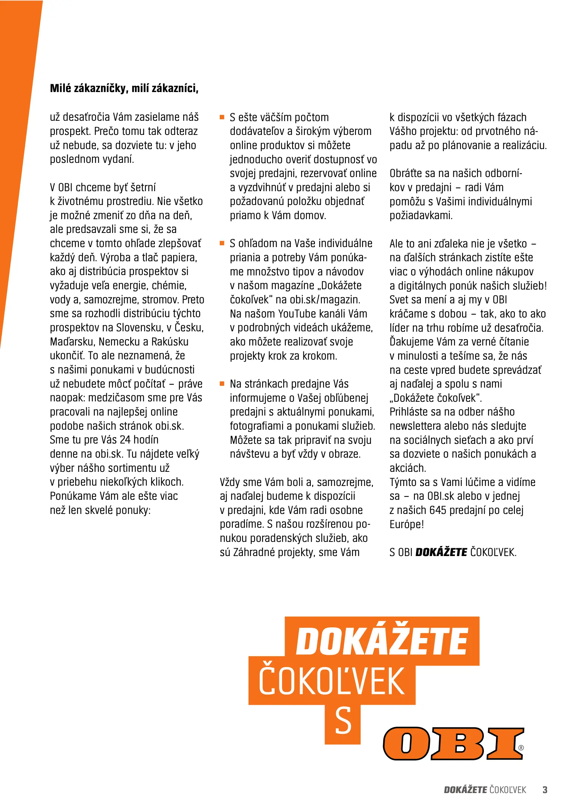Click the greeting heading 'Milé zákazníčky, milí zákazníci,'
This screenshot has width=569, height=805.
click(x=124, y=88)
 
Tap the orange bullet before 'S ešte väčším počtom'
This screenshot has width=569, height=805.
click(x=222, y=117)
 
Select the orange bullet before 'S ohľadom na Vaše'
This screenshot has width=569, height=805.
click(x=222, y=243)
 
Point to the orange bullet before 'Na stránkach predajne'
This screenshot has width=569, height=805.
click(x=222, y=383)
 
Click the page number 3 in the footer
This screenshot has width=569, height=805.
click(x=545, y=790)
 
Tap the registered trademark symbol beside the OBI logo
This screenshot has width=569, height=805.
click(x=521, y=748)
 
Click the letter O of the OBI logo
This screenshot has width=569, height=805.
click(x=406, y=744)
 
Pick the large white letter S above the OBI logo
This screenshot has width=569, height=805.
click(x=343, y=721)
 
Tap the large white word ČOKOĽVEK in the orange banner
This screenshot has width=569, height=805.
click(x=332, y=682)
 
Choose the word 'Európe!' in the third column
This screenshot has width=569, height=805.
click(x=407, y=524)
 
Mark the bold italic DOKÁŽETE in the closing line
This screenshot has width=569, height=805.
click(x=441, y=552)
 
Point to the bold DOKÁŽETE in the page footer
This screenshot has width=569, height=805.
click(x=465, y=790)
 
